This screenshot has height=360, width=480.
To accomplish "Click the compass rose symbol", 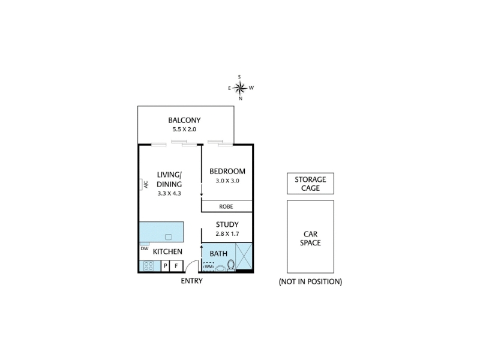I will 240,88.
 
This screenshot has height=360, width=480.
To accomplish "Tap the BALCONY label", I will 184,120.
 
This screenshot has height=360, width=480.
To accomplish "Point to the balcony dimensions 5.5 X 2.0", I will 184,129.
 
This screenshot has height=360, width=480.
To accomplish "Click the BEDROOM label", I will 227,172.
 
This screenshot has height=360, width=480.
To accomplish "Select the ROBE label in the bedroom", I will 226,206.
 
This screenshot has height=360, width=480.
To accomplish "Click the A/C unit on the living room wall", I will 145,184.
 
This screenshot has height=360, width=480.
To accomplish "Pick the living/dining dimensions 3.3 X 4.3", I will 169,193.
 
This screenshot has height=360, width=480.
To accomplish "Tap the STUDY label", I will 227,225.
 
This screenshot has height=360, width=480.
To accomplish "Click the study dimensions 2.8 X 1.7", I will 227,234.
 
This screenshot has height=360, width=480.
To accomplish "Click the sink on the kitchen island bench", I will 169,236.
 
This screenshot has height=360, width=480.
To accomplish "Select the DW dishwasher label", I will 144,248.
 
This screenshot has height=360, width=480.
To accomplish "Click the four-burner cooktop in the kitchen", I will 148,265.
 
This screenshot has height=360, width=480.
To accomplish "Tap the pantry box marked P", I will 166,265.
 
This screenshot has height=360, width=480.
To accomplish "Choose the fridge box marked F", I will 176,265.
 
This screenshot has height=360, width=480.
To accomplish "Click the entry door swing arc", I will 191,265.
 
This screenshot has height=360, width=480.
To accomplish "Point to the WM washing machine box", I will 208,265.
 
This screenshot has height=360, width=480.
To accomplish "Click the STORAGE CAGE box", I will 310,184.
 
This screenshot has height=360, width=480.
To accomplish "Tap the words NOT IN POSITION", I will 310,281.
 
